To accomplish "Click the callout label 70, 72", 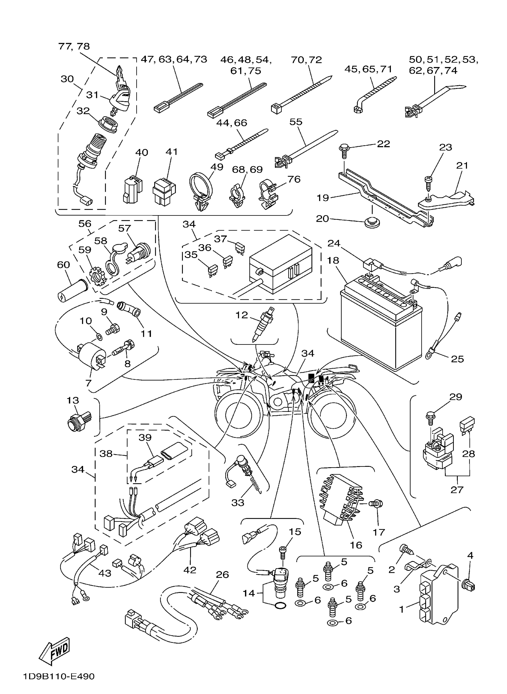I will pos(306,60).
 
